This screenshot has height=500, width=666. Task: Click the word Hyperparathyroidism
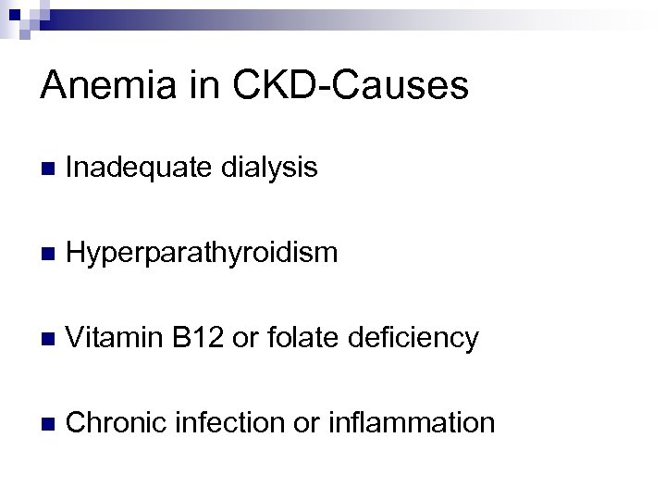coord(203,253)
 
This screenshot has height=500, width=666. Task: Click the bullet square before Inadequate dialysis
coord(48,169)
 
